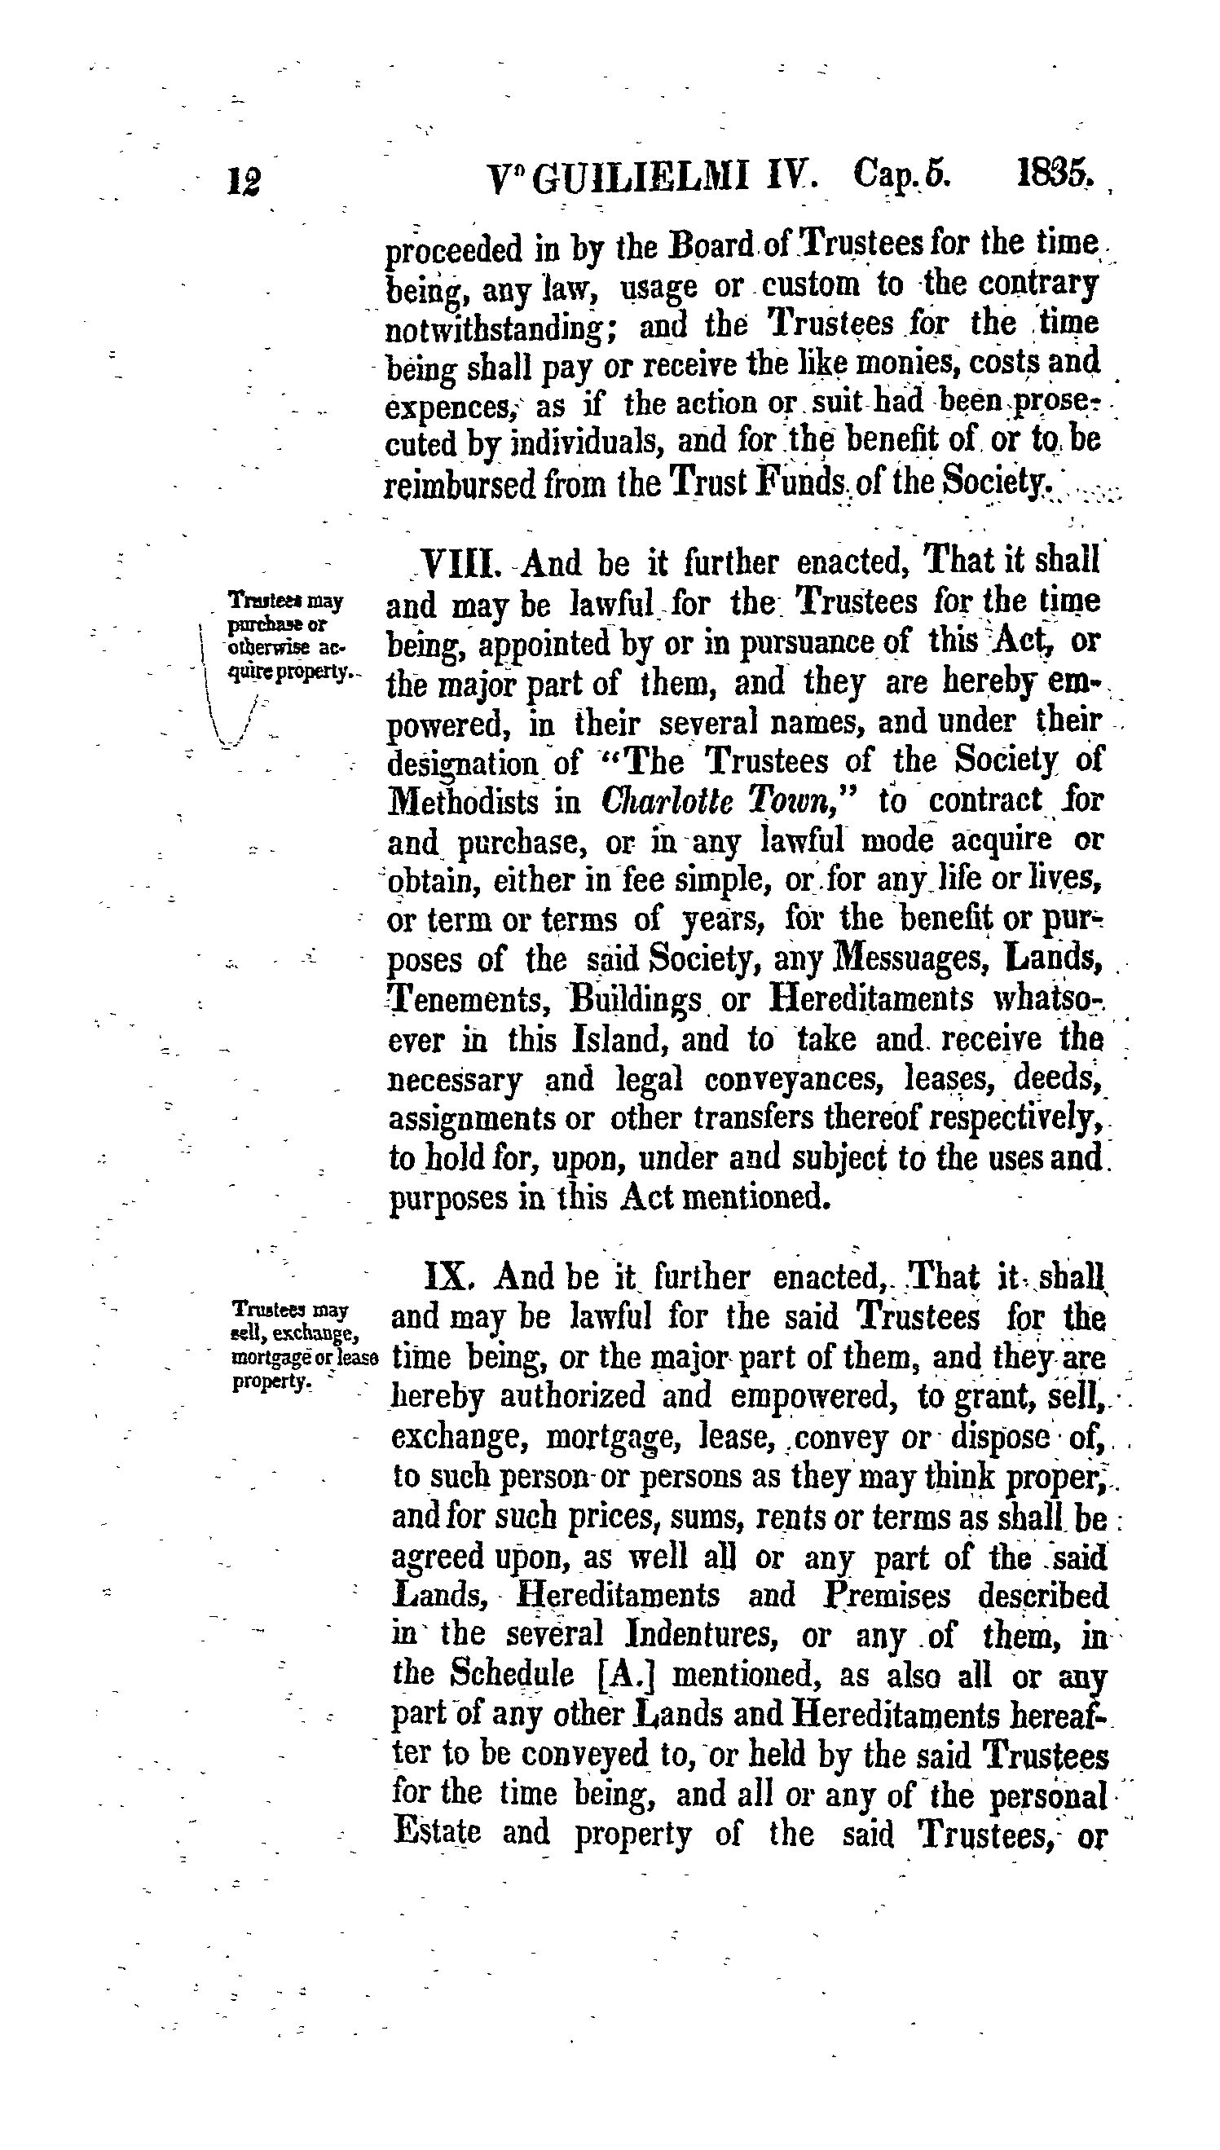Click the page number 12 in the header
click(244, 182)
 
